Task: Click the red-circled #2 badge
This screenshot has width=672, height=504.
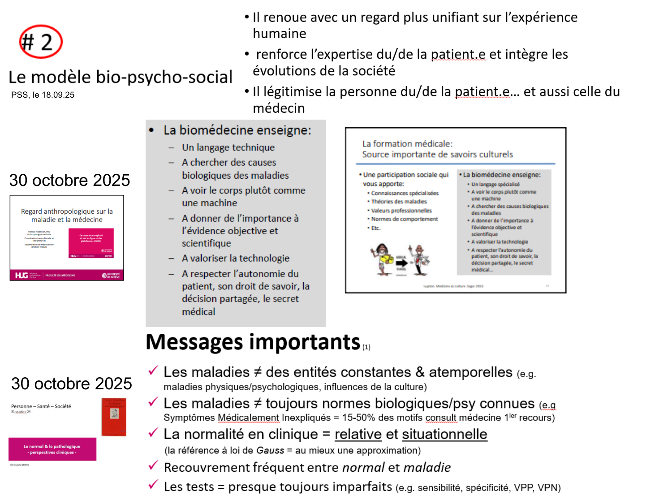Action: (x=40, y=42)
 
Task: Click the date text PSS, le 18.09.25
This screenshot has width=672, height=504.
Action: (x=43, y=95)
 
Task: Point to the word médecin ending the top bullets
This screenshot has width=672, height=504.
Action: (x=279, y=108)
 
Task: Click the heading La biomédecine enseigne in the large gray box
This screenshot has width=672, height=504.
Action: (x=237, y=130)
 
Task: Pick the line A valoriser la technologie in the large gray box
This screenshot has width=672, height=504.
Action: (x=235, y=258)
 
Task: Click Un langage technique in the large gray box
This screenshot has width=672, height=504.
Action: (x=228, y=147)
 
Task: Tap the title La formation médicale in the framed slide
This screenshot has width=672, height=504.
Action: (x=407, y=144)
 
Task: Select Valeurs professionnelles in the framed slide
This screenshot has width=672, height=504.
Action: (x=401, y=211)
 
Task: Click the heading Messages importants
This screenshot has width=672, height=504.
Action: (x=253, y=342)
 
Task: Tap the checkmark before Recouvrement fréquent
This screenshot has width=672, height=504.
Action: (x=153, y=466)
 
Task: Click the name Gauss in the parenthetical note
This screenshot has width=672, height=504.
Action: (x=270, y=451)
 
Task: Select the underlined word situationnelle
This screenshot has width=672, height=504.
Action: (x=444, y=434)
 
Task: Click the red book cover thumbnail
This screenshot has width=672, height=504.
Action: (x=114, y=417)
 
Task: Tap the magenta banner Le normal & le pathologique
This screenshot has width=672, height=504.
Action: (x=52, y=449)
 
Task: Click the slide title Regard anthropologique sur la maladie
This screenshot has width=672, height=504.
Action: (x=67, y=215)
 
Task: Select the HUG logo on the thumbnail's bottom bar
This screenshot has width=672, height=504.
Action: (x=21, y=275)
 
